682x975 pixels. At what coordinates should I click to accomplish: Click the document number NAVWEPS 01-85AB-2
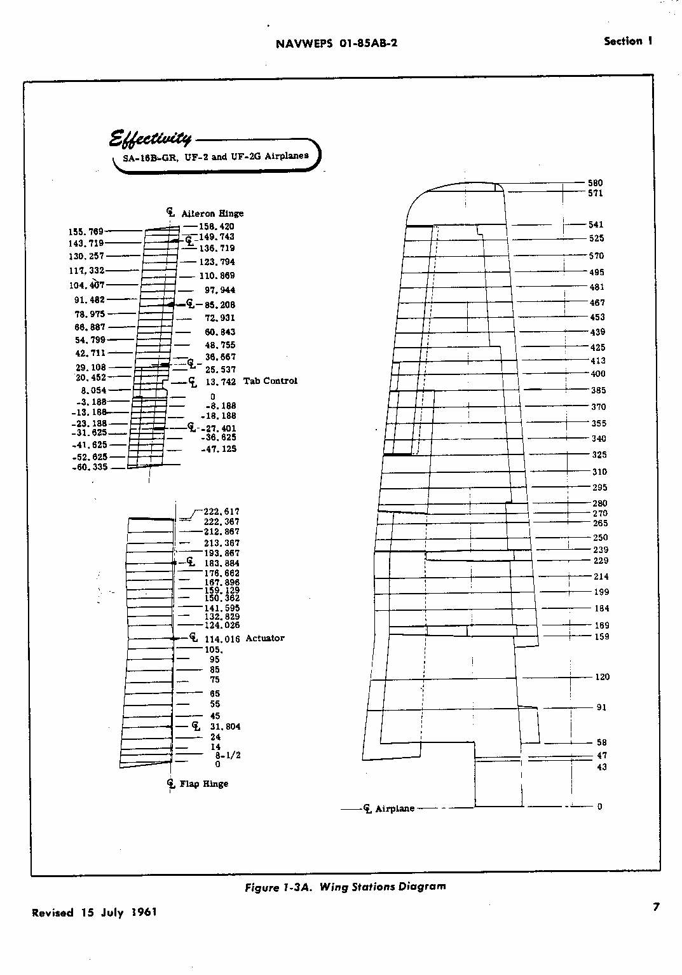pyautogui.click(x=336, y=44)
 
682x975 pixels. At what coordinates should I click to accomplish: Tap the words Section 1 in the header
pyautogui.click(x=627, y=41)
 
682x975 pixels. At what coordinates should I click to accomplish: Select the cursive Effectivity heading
pyautogui.click(x=150, y=138)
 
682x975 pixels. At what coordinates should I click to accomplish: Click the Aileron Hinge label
pyautogui.click(x=212, y=214)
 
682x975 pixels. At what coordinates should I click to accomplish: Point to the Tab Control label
pyautogui.click(x=270, y=381)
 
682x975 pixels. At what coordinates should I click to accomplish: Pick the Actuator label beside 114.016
pyautogui.click(x=265, y=638)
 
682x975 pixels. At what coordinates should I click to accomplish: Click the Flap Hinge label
pyautogui.click(x=203, y=784)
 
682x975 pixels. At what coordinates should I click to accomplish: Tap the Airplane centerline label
pyautogui.click(x=394, y=808)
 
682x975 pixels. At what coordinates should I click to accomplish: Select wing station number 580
pyautogui.click(x=596, y=183)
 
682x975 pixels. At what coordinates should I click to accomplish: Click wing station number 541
pyautogui.click(x=596, y=224)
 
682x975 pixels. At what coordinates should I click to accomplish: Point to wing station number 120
pyautogui.click(x=602, y=677)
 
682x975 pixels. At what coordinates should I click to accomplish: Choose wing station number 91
pyautogui.click(x=601, y=707)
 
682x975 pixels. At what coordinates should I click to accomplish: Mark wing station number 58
pyautogui.click(x=601, y=742)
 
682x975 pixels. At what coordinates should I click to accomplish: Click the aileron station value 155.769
pyautogui.click(x=86, y=232)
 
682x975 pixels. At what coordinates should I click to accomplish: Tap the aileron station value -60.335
pyautogui.click(x=90, y=467)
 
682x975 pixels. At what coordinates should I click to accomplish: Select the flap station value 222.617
pyautogui.click(x=221, y=511)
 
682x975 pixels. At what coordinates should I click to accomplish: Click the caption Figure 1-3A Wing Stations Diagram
pyautogui.click(x=345, y=887)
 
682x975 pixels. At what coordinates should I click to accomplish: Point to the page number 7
pyautogui.click(x=657, y=907)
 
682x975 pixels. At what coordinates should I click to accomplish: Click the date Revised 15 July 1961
pyautogui.click(x=94, y=913)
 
